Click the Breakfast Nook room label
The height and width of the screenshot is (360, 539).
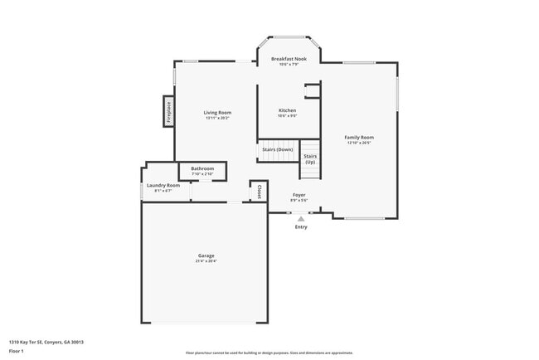(288, 59)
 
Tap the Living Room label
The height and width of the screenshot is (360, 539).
(218, 112)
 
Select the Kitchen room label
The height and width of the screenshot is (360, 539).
(287, 110)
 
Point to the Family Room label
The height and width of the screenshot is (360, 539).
(360, 137)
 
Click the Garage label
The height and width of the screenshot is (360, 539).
(206, 255)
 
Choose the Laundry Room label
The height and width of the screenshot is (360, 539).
(163, 185)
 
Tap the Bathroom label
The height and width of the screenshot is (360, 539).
(202, 168)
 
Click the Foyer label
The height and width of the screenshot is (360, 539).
(299, 194)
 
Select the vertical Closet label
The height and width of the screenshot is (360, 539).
(259, 192)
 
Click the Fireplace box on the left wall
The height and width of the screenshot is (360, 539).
(168, 111)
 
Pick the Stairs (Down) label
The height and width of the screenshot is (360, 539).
(277, 149)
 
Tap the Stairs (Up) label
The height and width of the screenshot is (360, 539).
(310, 158)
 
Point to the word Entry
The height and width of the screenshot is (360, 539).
(301, 226)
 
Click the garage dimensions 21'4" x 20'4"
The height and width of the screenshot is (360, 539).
(206, 261)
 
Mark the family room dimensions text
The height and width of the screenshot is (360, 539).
(360, 143)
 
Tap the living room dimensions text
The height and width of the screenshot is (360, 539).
(218, 118)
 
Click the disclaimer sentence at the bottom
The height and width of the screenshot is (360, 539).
(269, 353)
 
